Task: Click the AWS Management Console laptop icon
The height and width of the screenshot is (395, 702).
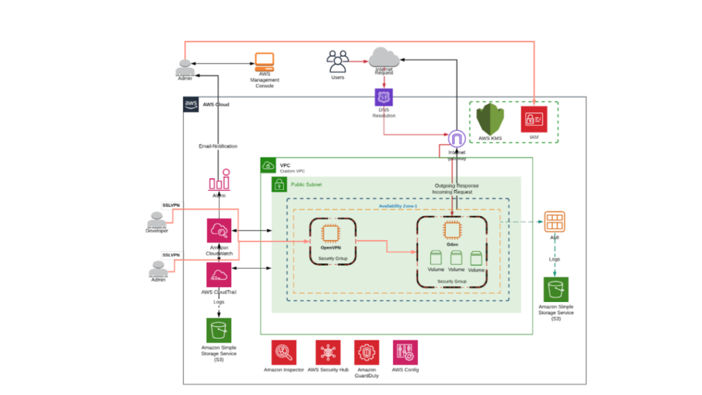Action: point(264,62)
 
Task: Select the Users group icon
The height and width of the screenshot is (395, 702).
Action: point(338,62)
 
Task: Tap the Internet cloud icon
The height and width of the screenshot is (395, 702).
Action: point(384,58)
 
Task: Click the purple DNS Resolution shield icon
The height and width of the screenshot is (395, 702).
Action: point(383,97)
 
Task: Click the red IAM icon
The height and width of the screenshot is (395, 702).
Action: point(534,119)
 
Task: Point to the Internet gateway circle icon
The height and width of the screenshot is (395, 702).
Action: point(457,139)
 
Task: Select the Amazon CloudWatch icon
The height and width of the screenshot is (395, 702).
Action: point(219,230)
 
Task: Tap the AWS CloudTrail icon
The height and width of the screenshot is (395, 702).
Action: point(219,275)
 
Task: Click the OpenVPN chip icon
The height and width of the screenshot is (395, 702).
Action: point(330,234)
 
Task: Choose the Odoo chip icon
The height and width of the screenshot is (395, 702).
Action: point(452,230)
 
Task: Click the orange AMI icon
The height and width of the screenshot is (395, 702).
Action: point(554,222)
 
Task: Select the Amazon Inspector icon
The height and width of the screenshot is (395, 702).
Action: point(284,352)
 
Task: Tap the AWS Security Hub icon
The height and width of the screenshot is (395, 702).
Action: point(328,352)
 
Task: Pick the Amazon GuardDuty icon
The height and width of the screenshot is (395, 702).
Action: point(367,352)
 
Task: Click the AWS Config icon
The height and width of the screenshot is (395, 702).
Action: point(405,352)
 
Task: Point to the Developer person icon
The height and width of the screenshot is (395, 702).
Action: point(157,219)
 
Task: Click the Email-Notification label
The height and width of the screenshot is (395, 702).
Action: point(218,146)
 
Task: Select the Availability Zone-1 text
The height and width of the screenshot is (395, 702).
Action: point(398,206)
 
